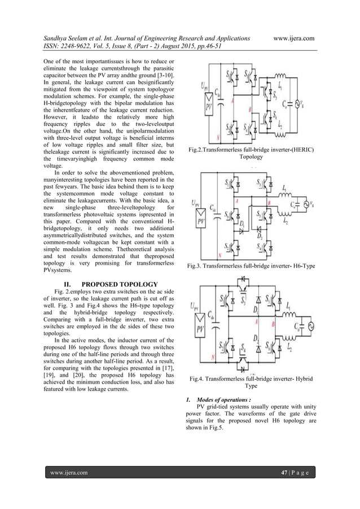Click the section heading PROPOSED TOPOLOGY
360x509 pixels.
(115, 284)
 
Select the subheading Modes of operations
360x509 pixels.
(222, 401)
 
